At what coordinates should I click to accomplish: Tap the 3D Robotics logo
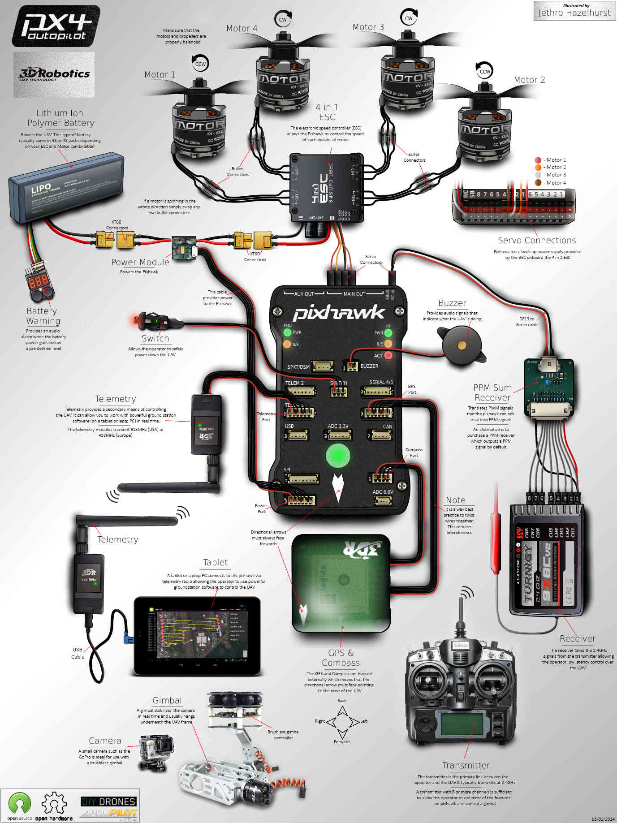tap(54, 74)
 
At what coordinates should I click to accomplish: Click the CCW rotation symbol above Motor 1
tap(200, 64)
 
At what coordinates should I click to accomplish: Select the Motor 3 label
tap(368, 27)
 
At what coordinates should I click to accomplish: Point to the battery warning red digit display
tap(39, 281)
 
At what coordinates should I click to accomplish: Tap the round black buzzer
tap(462, 345)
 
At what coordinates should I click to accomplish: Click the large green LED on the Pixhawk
tap(337, 455)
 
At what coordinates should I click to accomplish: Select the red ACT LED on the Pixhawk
tap(388, 355)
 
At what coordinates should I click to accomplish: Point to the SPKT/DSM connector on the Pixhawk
tap(323, 366)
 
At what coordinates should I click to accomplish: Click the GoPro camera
tap(156, 752)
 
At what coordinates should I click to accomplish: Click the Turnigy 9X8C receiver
tap(547, 560)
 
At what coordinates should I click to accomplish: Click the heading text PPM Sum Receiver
tap(492, 392)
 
